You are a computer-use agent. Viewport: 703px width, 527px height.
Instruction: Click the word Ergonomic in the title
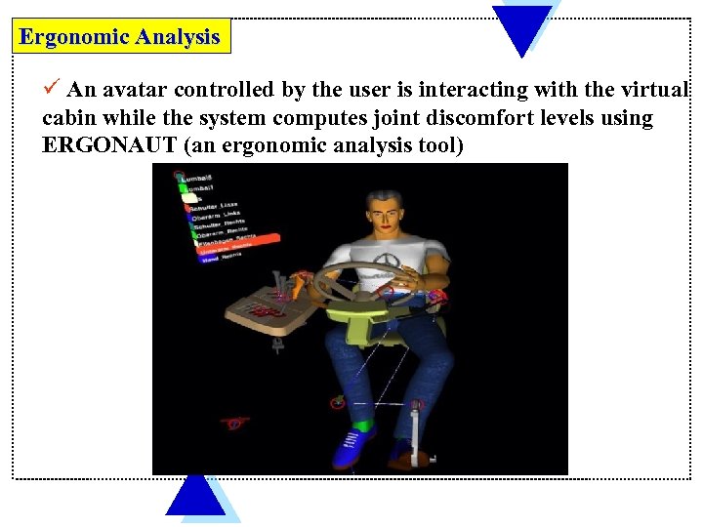point(74,37)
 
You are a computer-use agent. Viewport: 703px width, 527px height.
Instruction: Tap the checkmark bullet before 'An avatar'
point(54,89)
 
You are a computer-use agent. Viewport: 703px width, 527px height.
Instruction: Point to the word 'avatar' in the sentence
point(135,90)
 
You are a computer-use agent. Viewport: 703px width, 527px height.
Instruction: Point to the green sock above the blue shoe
point(363,425)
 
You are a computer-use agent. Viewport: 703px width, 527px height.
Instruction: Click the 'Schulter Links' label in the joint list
point(216,206)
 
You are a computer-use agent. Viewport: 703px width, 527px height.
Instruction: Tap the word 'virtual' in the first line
point(652,90)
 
